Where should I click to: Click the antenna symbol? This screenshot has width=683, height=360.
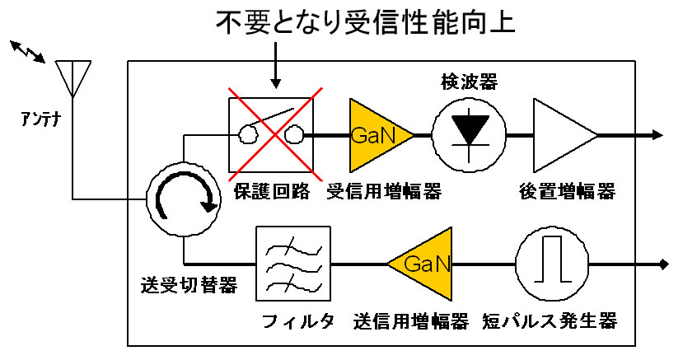coord(72,77)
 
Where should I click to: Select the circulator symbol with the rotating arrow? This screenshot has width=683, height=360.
coord(184,195)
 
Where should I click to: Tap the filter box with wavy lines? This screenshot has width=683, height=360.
coord(292,264)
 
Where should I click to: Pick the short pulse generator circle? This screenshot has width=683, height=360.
coord(552,264)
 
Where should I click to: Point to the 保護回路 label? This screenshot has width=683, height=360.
coord(272,191)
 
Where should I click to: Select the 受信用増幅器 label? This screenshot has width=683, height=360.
coord(384,191)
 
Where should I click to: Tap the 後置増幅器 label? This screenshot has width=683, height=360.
coord(567,191)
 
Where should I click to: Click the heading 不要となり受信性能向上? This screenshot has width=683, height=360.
coord(365,23)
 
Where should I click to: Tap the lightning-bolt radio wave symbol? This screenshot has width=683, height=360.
coord(30,52)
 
